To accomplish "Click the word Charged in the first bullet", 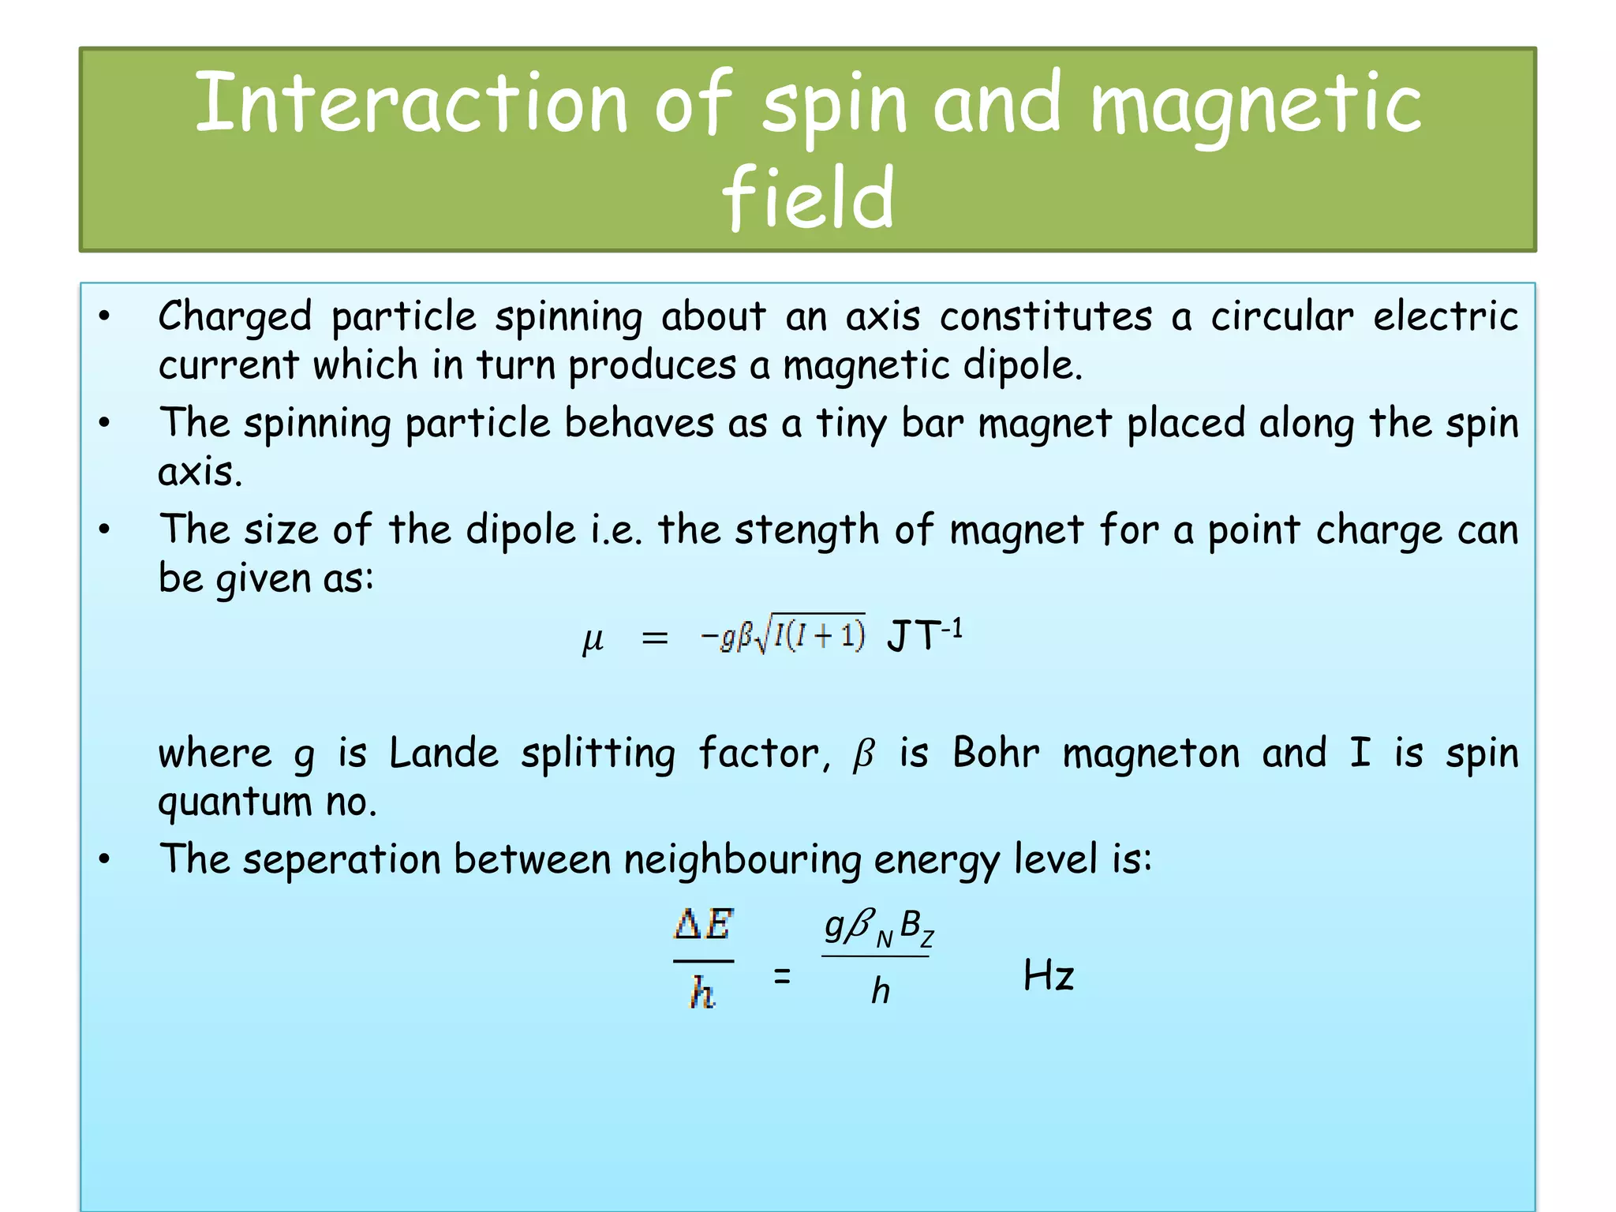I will (235, 317).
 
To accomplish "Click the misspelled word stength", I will (806, 529).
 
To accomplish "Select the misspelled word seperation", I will (341, 859).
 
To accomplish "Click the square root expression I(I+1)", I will (817, 635).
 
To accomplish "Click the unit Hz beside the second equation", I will (1048, 976).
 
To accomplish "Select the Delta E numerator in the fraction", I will (703, 925).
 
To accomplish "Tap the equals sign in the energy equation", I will (781, 976).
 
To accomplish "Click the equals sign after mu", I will (655, 638).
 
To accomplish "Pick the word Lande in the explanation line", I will (443, 754).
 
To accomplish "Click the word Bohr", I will (996, 754).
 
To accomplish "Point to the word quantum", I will (235, 803).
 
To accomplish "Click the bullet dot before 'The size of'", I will (104, 529).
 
